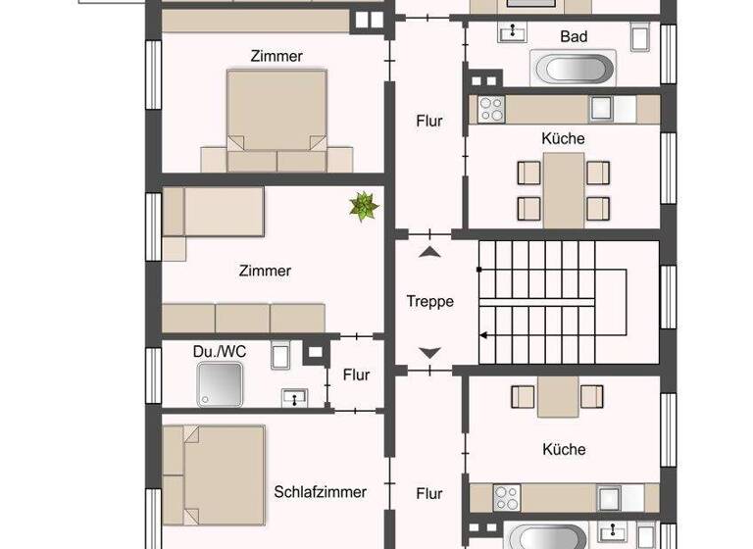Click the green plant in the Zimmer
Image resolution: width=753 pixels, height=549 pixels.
click(365, 207)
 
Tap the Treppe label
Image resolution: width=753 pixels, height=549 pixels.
click(429, 302)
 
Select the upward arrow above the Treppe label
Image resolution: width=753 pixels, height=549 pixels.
click(429, 252)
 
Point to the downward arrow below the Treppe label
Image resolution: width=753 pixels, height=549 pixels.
click(429, 353)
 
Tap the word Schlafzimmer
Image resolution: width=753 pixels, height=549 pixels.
click(320, 492)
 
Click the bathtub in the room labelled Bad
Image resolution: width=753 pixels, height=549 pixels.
click(573, 70)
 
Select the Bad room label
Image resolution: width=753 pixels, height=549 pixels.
click(574, 36)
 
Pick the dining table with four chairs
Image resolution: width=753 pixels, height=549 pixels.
click(563, 190)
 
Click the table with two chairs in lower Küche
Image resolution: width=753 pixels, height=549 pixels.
click(556, 396)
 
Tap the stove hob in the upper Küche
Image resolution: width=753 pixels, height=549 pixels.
click(490, 108)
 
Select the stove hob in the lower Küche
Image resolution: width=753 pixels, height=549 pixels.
click(507, 498)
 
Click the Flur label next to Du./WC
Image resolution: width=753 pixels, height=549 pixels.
click(356, 374)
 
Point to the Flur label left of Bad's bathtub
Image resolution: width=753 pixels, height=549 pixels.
click(428, 122)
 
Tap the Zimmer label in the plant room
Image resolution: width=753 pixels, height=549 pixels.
click(265, 271)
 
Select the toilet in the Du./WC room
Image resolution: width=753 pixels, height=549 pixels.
click(279, 354)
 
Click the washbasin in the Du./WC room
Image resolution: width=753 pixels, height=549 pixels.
click(294, 397)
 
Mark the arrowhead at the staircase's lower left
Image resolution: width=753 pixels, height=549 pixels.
click(482, 334)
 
